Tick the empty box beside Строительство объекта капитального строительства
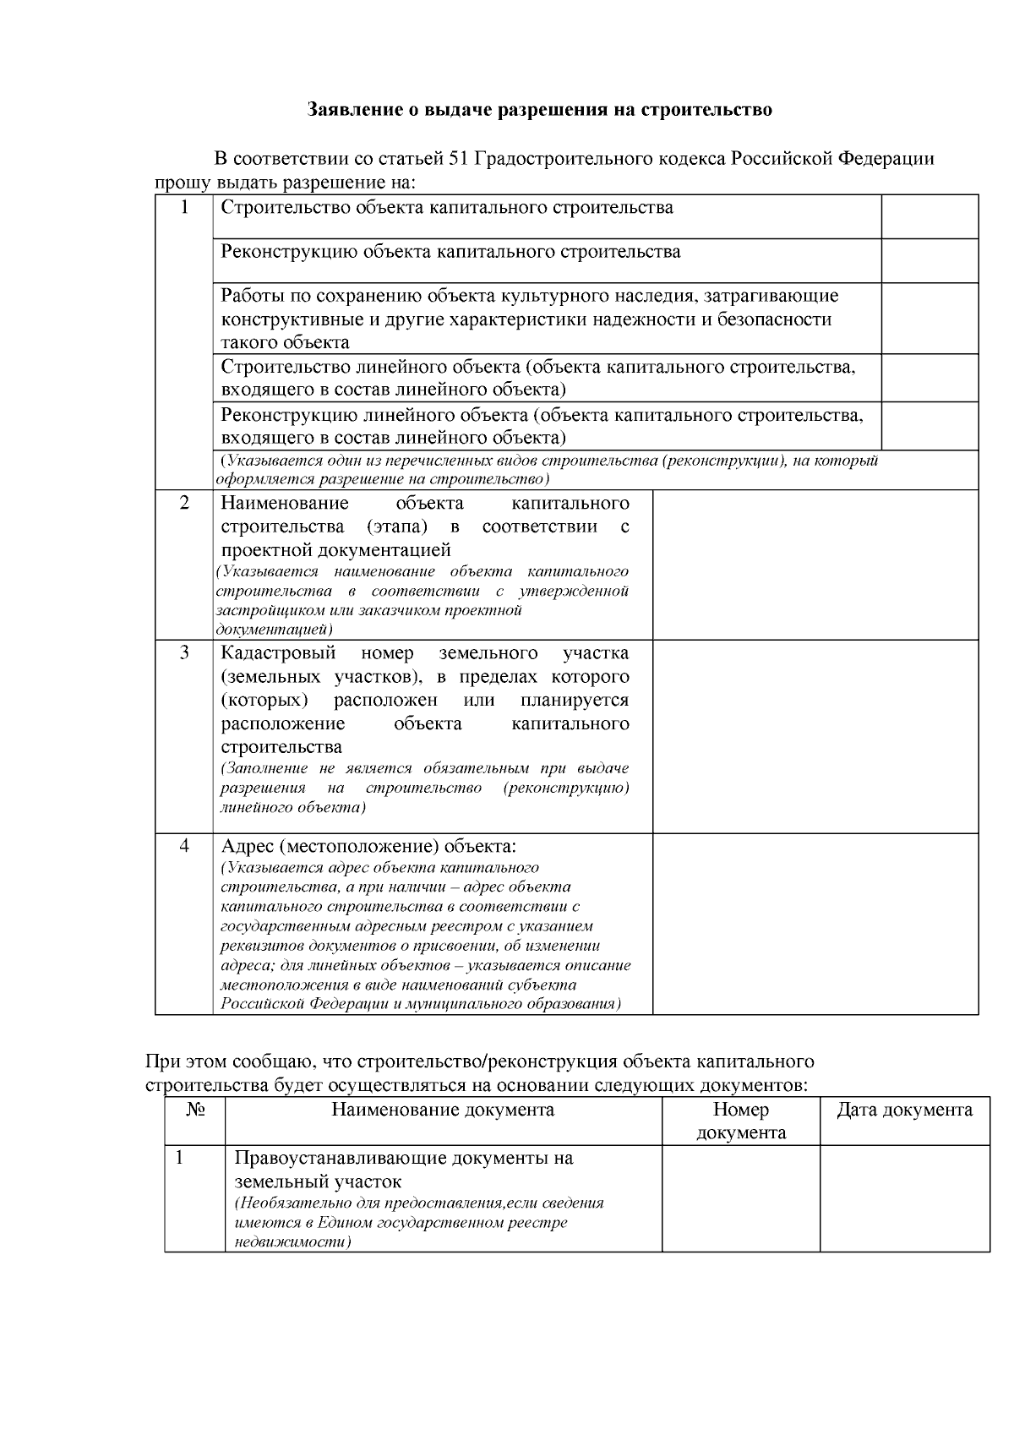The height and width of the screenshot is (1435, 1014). (929, 216)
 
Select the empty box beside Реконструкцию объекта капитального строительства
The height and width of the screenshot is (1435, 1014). (929, 260)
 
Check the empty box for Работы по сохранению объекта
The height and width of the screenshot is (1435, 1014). (929, 318)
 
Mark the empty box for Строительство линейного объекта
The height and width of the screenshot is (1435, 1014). (929, 377)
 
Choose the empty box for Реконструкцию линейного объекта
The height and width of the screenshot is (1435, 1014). (929, 425)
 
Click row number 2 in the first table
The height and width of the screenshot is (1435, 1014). (184, 504)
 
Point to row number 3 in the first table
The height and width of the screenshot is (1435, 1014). (184, 653)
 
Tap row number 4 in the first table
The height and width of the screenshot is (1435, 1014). (184, 846)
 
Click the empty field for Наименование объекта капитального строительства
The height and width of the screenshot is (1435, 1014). (815, 565)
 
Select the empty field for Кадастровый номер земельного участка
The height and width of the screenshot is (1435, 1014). (815, 736)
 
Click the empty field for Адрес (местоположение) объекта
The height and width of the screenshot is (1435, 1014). (815, 924)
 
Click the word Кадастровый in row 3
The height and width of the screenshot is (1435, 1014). (278, 653)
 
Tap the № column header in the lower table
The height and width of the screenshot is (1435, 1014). (195, 1110)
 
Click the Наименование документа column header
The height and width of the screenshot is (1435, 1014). (443, 1110)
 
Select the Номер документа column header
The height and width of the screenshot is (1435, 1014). (740, 1121)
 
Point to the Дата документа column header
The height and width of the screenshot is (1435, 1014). (904, 1110)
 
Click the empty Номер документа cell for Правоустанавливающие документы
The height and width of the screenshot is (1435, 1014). (740, 1198)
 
